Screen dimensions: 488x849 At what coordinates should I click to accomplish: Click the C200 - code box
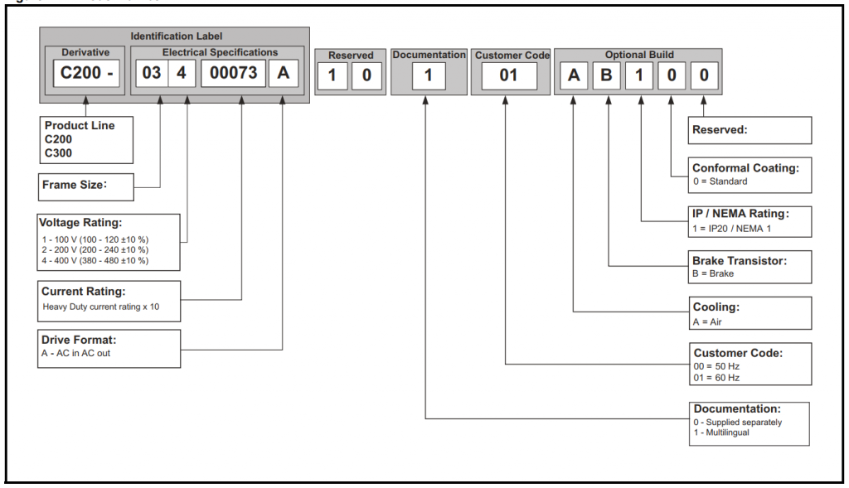86,73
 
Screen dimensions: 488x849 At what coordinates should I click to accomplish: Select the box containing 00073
234,73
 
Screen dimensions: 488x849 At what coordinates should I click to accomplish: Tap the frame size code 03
152,73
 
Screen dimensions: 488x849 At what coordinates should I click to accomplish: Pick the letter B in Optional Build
606,76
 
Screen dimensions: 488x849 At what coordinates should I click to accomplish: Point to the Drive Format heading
79,340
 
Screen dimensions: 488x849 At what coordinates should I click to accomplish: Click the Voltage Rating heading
80,223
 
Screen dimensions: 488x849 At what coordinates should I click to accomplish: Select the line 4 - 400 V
95,260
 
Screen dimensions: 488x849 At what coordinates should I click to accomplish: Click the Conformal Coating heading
745,168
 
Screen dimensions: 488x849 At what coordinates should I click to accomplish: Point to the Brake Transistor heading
740,261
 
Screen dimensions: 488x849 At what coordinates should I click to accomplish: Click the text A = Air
708,321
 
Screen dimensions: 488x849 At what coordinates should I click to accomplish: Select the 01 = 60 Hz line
716,378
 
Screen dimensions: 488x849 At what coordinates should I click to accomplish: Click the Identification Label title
177,36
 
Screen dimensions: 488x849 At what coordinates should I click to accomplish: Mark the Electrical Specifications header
220,52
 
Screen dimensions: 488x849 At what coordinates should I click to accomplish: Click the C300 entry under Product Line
59,152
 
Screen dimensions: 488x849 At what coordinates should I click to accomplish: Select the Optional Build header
638,55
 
